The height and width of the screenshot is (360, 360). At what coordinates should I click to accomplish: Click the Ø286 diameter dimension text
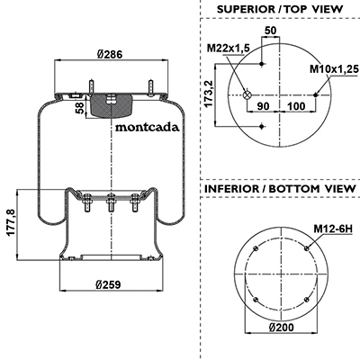pyautogui.click(x=110, y=54)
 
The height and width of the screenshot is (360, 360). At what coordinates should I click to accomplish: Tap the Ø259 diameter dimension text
pyautogui.click(x=108, y=284)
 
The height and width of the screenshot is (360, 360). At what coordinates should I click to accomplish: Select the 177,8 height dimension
pyautogui.click(x=11, y=223)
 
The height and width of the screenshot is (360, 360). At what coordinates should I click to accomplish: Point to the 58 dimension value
pyautogui.click(x=79, y=108)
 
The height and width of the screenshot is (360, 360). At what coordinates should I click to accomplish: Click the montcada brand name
pyautogui.click(x=148, y=128)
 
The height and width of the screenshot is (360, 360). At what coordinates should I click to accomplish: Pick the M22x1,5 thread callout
pyautogui.click(x=229, y=48)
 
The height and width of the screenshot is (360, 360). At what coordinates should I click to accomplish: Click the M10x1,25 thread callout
pyautogui.click(x=334, y=69)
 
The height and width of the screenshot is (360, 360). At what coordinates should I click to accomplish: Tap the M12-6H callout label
pyautogui.click(x=333, y=229)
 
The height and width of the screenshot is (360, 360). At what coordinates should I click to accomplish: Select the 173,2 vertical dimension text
pyautogui.click(x=208, y=94)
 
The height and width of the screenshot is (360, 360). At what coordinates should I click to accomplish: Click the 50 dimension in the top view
pyautogui.click(x=270, y=31)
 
